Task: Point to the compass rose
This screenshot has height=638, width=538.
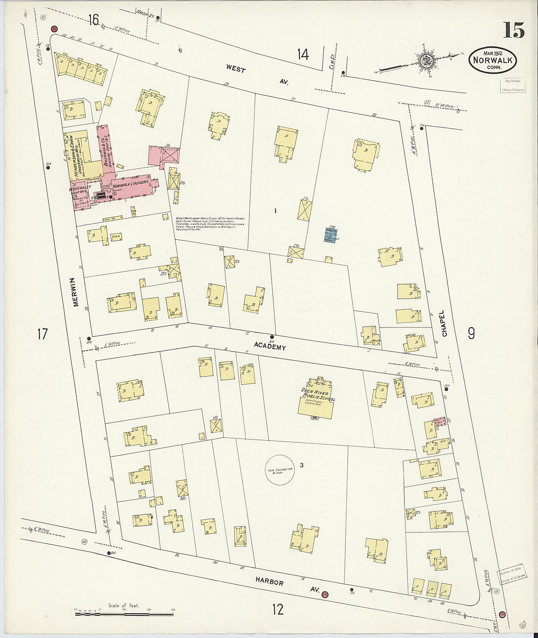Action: click(x=424, y=61)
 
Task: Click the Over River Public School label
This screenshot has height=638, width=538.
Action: click(x=318, y=395)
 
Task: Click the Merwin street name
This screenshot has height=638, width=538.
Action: click(x=76, y=292)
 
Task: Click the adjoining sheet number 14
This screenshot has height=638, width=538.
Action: click(x=303, y=54)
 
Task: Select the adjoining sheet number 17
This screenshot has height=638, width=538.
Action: click(x=43, y=334)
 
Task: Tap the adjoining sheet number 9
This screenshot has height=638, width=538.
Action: click(x=471, y=333)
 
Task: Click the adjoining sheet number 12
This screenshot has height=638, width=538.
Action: click(x=277, y=609)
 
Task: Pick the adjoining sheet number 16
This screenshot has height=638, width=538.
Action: click(x=93, y=20)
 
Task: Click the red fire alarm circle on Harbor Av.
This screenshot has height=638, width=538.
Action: click(x=325, y=594)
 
